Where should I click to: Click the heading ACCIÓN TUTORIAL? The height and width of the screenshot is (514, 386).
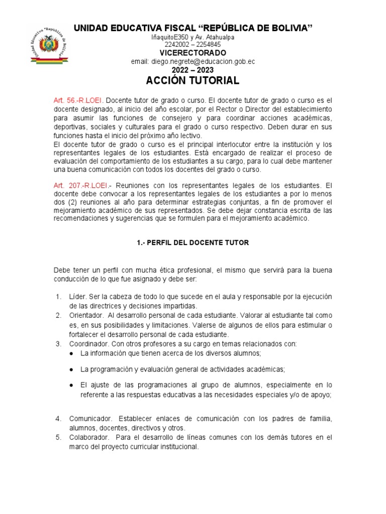pyautogui.click(x=192, y=81)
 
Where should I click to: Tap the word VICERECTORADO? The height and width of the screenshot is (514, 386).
pyautogui.click(x=192, y=53)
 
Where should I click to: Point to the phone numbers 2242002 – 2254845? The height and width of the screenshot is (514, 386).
pyautogui.click(x=192, y=44)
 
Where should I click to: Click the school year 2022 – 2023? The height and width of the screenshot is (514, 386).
pyautogui.click(x=192, y=70)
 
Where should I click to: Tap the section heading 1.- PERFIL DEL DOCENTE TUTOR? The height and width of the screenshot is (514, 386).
pyautogui.click(x=192, y=242)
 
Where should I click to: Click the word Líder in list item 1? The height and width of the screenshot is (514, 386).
pyautogui.click(x=77, y=297)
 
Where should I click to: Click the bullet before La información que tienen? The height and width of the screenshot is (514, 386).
pyautogui.click(x=72, y=354)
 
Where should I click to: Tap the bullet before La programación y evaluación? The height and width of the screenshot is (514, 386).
pyautogui.click(x=72, y=369)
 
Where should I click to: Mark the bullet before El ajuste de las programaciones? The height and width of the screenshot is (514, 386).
pyautogui.click(x=72, y=385)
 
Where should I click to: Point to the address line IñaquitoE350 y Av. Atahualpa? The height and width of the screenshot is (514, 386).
pyautogui.click(x=192, y=37)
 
